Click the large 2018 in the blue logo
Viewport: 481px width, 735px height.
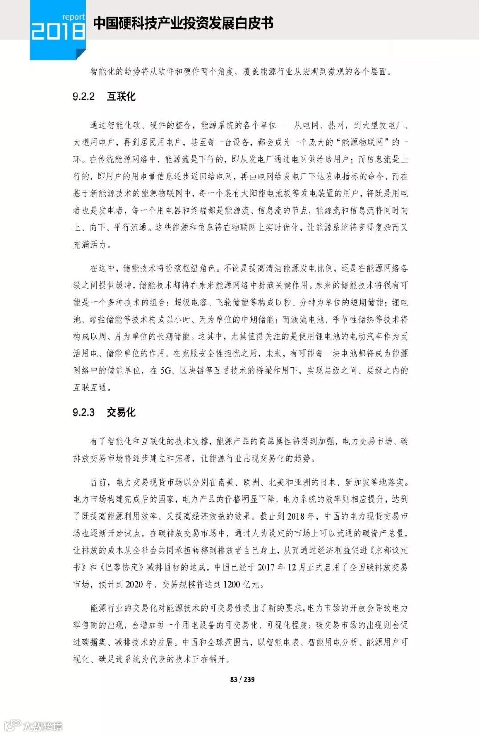58,32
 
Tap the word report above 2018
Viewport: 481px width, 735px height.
73,17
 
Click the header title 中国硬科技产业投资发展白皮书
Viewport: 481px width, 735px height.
183,23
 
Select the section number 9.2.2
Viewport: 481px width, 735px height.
84,97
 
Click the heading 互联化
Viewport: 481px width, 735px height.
121,97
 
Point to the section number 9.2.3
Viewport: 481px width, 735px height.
84,412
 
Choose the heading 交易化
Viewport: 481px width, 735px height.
121,412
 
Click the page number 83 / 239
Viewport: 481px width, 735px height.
242,679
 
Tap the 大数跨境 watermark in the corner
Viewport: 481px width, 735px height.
43,726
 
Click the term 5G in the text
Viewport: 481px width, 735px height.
166,370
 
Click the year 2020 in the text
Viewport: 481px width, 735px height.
134,584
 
